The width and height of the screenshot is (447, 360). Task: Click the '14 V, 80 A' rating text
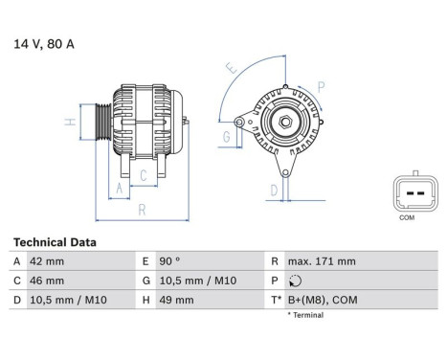click(42, 43)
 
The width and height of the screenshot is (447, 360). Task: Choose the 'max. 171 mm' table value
click(324, 261)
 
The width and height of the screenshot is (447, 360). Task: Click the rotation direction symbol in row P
click(293, 281)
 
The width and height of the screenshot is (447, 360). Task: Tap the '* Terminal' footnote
click(305, 315)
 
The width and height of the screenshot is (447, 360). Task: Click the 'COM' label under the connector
click(406, 218)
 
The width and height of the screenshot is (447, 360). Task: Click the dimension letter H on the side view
click(70, 123)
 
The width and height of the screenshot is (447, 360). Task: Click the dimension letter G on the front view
click(226, 136)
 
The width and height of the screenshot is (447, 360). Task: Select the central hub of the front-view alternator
click(284, 123)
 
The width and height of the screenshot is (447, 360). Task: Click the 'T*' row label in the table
click(275, 300)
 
